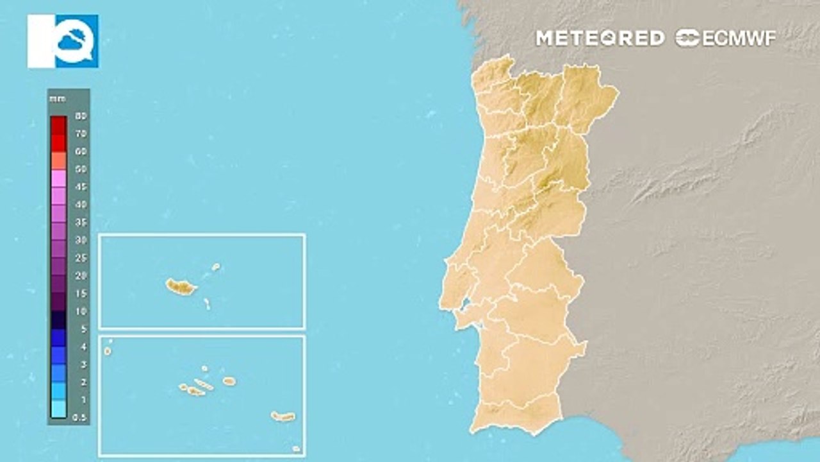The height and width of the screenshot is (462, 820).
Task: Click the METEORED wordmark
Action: (600, 38)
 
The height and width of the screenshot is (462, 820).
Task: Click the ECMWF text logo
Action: (726, 38)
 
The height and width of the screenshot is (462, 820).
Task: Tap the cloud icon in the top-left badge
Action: (76, 42)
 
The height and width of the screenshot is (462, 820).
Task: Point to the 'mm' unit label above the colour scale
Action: (57, 99)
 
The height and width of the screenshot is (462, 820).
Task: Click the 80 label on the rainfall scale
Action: (81, 116)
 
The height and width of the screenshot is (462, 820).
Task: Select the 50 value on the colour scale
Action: (81, 169)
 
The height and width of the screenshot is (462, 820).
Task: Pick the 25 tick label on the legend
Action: (81, 258)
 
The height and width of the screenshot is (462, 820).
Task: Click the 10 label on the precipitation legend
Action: (81, 311)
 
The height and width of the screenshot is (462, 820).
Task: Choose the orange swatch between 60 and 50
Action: (58, 160)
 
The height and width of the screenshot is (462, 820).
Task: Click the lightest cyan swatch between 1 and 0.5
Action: (58, 409)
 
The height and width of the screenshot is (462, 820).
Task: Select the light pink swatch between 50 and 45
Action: (58, 178)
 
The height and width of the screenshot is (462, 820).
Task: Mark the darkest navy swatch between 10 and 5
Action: (58, 320)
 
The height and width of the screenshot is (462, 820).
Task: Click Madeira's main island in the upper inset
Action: (181, 286)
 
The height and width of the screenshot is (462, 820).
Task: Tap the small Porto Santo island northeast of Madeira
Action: (216, 266)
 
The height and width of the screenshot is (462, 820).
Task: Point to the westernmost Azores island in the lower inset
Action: (108, 351)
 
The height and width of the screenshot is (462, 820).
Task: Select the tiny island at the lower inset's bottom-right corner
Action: (295, 449)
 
